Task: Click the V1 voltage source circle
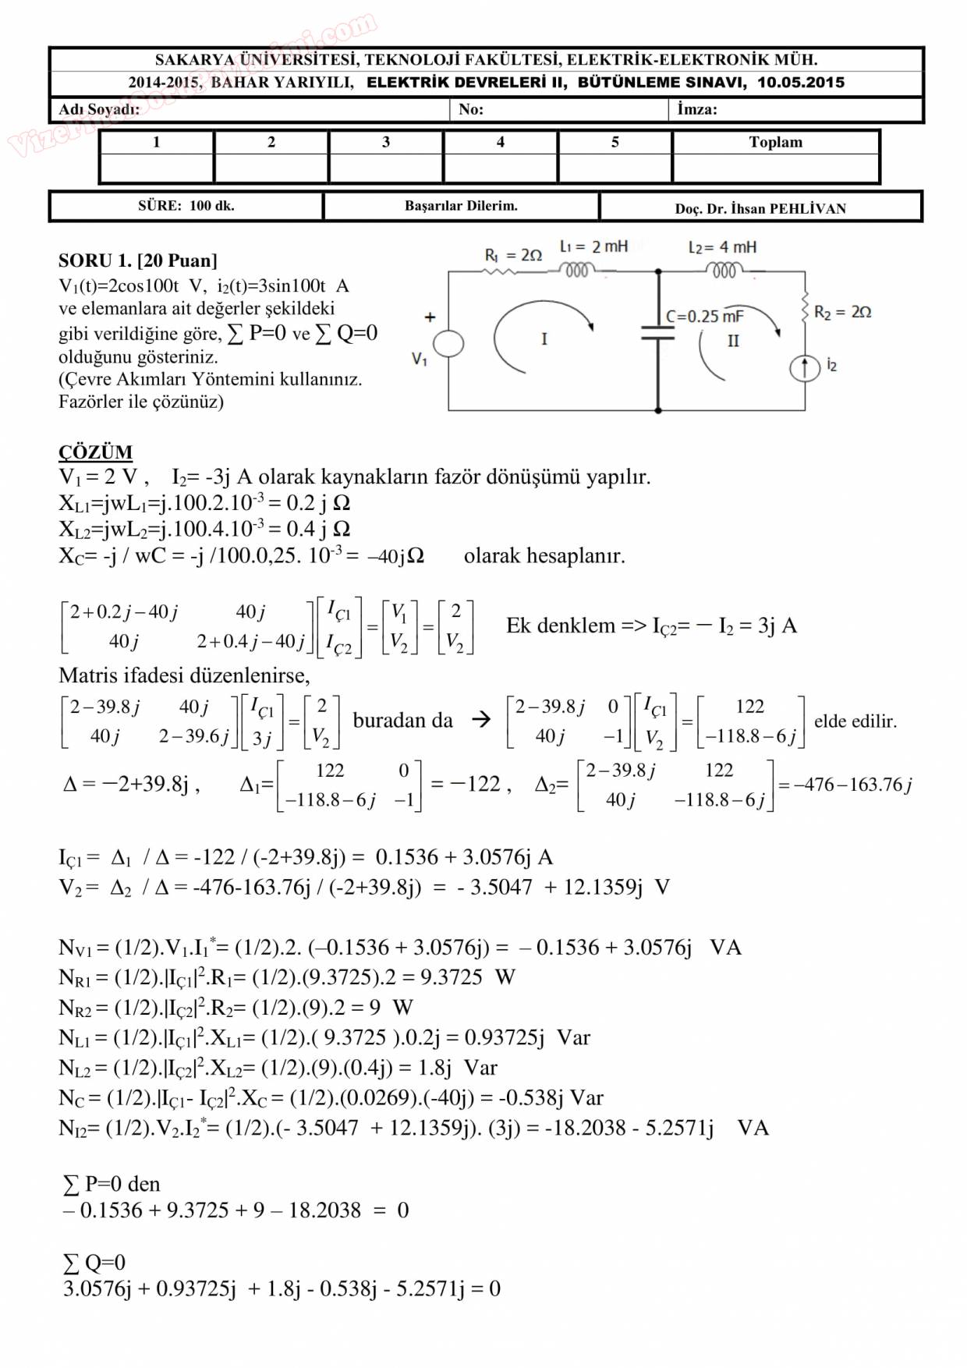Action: (x=448, y=343)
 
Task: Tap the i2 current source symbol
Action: (x=805, y=367)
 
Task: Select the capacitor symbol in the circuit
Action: (x=658, y=333)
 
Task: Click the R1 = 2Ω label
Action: (x=513, y=255)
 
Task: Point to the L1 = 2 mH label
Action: (x=593, y=246)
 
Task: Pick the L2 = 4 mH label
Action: (x=722, y=247)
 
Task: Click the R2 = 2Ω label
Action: (x=842, y=312)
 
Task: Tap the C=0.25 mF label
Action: (x=704, y=316)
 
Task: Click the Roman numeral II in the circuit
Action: (x=733, y=341)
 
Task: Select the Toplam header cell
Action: (x=775, y=142)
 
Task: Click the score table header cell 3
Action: (x=386, y=142)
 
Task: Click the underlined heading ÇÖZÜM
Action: (x=95, y=452)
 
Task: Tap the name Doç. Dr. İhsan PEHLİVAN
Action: (x=760, y=208)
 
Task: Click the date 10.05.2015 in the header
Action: (x=800, y=83)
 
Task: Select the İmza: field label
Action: (x=697, y=110)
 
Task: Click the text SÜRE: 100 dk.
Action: (x=186, y=206)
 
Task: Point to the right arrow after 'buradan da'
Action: (x=481, y=720)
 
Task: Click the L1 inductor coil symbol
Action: (x=576, y=270)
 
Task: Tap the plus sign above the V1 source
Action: (x=430, y=317)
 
